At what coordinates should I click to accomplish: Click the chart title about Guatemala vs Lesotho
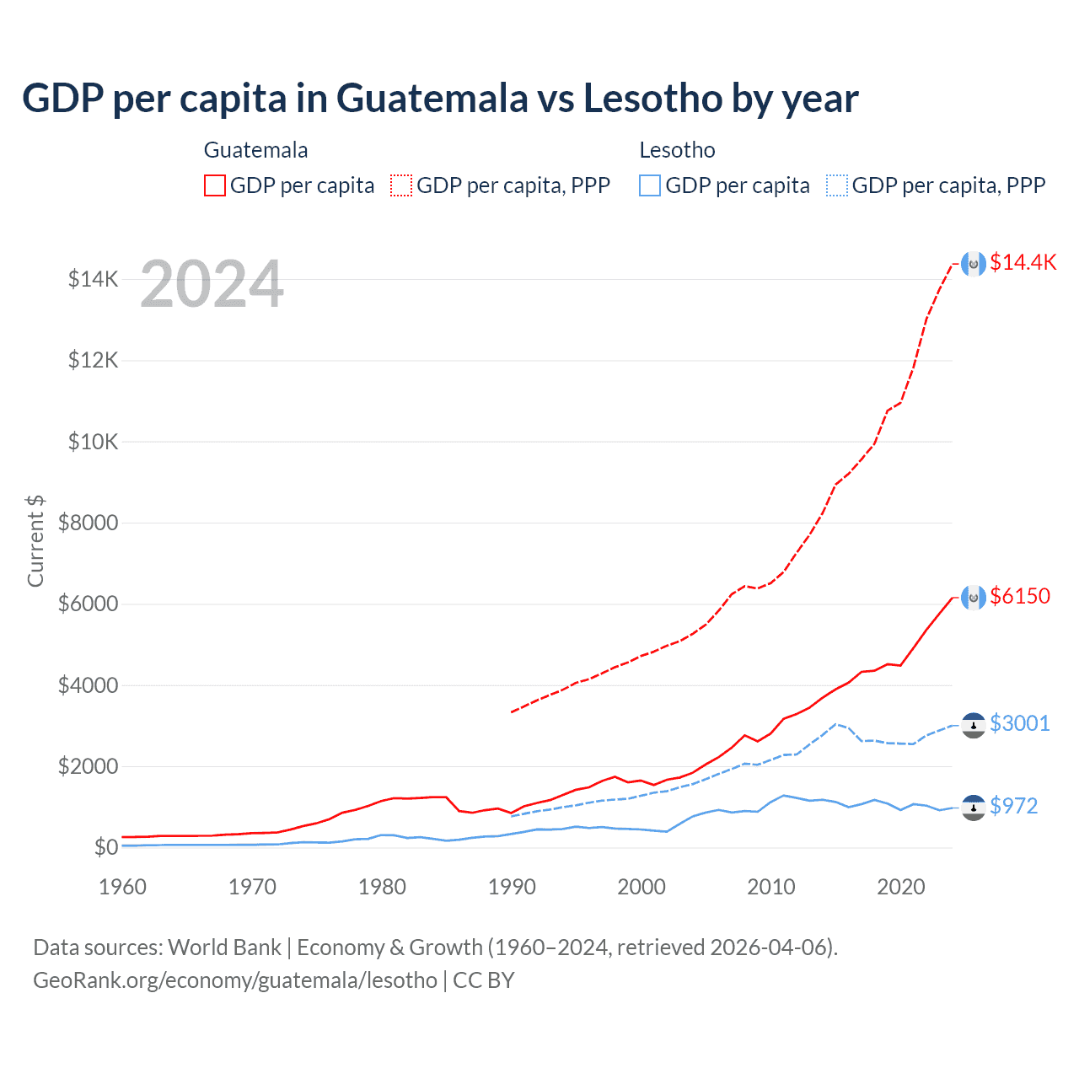coord(440,99)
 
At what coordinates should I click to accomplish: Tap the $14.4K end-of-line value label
coord(1023,262)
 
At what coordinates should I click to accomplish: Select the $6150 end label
coord(1020,596)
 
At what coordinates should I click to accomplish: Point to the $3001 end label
coord(1019,723)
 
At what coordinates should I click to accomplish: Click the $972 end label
coord(1013,806)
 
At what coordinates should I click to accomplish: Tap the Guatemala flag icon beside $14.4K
coord(974,264)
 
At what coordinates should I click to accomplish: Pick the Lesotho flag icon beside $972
coord(974,808)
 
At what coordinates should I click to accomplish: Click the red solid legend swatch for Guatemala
coord(215,185)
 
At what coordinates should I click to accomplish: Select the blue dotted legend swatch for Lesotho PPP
coord(837,185)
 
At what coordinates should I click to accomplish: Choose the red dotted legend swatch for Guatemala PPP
coord(402,185)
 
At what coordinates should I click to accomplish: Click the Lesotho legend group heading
coord(677,150)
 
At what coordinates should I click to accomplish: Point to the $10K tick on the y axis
coord(93,442)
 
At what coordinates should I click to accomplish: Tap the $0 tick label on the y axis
coord(105,847)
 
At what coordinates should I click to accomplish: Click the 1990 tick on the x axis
coord(512,887)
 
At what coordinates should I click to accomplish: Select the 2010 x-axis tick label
coord(771,887)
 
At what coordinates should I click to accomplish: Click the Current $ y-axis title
coord(35,541)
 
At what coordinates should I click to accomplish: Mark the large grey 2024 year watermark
coord(212,285)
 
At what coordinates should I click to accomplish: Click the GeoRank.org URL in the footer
coord(235,980)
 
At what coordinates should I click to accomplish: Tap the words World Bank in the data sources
coord(224,947)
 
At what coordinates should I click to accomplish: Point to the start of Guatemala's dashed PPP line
coord(512,712)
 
